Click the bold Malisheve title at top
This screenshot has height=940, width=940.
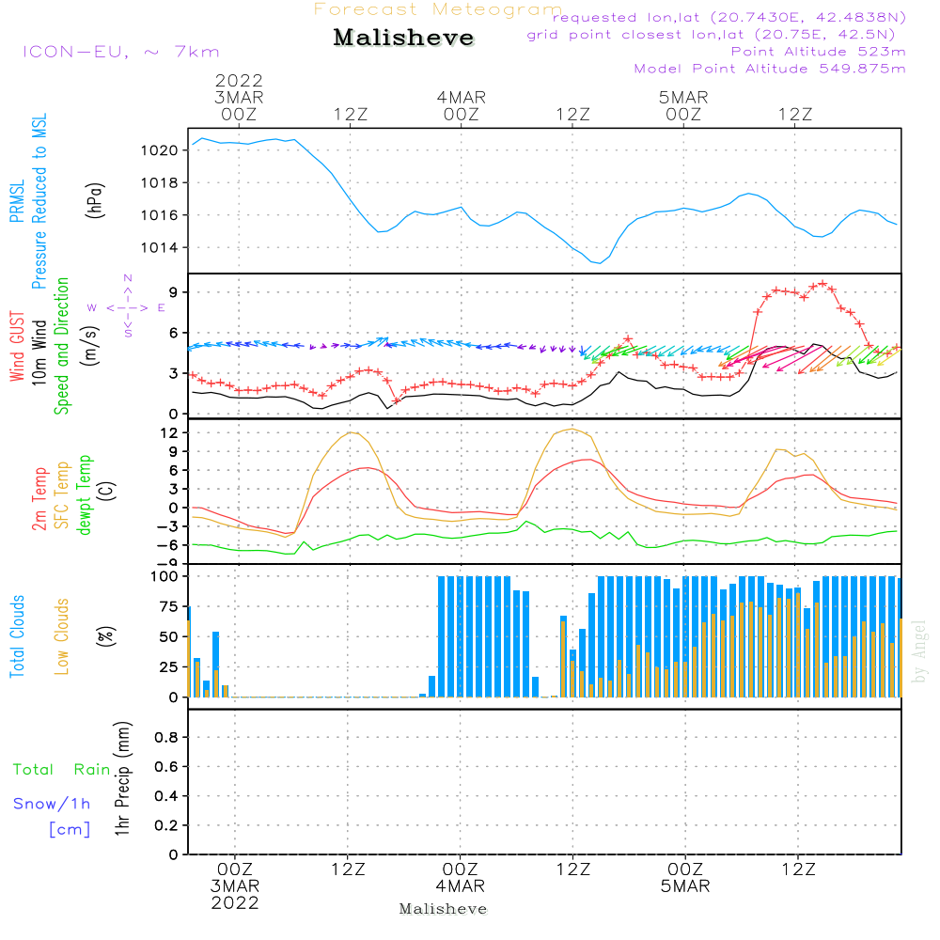pyautogui.click(x=403, y=39)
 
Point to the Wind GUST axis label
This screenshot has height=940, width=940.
pyautogui.click(x=17, y=348)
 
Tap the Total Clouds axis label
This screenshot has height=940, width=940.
pyautogui.click(x=17, y=636)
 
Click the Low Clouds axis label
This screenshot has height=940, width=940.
pyautogui.click(x=62, y=636)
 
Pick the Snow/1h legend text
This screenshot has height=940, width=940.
pyautogui.click(x=53, y=804)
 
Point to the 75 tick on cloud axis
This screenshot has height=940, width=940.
pyautogui.click(x=165, y=606)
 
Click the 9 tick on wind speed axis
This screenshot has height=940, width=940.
pyautogui.click(x=172, y=292)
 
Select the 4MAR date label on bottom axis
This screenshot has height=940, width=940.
pyautogui.click(x=461, y=886)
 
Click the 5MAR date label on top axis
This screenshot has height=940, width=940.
pyautogui.click(x=683, y=97)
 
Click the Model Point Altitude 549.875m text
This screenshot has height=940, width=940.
pyautogui.click(x=770, y=69)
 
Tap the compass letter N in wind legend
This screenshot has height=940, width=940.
pyautogui.click(x=128, y=278)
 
